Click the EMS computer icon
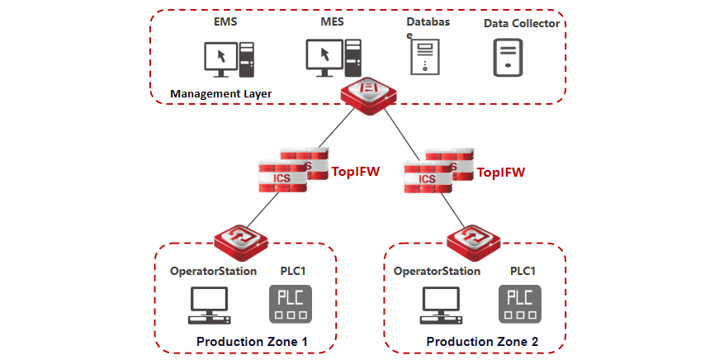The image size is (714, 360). [229, 59]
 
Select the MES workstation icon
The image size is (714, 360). [333, 58]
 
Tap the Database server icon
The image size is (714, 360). [425, 57]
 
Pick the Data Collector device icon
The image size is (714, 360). [508, 58]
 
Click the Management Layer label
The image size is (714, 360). [221, 94]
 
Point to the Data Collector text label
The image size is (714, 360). [522, 23]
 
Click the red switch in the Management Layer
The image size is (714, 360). [369, 96]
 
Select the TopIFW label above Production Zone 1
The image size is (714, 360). [356, 172]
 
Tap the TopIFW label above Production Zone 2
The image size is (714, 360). [501, 172]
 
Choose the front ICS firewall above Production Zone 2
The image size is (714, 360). [428, 177]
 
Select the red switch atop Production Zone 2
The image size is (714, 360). [474, 243]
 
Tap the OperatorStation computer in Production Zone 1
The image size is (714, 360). [210, 306]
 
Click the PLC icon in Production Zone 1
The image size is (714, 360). [291, 304]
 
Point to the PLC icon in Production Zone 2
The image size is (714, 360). [520, 304]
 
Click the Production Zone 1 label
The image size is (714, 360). [252, 341]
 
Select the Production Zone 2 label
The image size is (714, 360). [482, 341]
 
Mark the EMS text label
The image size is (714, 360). [225, 21]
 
